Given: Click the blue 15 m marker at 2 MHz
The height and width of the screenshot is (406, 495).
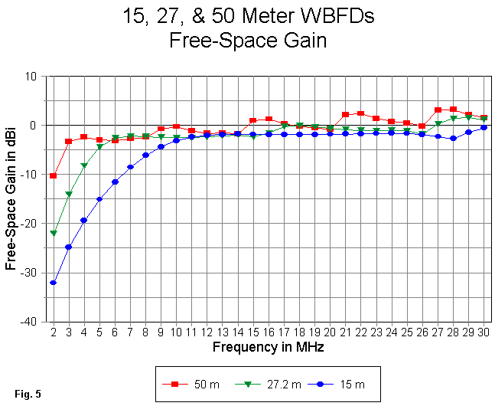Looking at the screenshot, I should pyautogui.click(x=54, y=283).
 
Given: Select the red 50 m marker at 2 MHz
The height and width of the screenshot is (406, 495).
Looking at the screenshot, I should pyautogui.click(x=54, y=175).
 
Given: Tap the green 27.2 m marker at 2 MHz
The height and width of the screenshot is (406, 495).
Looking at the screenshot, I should pyautogui.click(x=54, y=233).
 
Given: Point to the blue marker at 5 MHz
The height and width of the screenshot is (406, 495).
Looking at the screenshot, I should pyautogui.click(x=99, y=199).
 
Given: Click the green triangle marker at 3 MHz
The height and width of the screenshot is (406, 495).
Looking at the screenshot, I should pyautogui.click(x=69, y=194).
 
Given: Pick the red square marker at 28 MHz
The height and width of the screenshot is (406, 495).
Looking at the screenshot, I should pyautogui.click(x=453, y=110).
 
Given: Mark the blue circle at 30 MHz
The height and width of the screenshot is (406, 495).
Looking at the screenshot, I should pyautogui.click(x=484, y=127).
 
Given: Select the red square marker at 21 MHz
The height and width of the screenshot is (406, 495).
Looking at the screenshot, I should pyautogui.click(x=345, y=114).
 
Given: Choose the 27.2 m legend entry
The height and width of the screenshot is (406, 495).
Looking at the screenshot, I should pyautogui.click(x=265, y=384).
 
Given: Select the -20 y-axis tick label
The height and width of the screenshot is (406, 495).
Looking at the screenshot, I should pyautogui.click(x=35, y=224).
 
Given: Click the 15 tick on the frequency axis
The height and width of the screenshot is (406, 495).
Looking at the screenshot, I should pyautogui.click(x=252, y=332).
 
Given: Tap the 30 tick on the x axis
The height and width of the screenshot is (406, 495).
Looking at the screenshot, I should pyautogui.click(x=484, y=332).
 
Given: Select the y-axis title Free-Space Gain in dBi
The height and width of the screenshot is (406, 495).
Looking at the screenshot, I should pyautogui.click(x=11, y=199).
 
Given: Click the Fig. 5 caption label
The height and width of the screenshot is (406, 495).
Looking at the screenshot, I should pyautogui.click(x=27, y=395).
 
